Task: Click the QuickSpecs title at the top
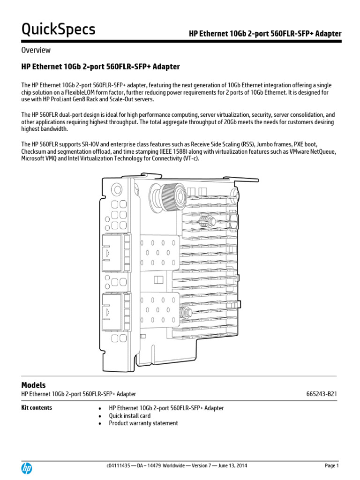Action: coord(58,30)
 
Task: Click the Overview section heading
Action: coord(36,50)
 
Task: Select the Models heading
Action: coord(34,385)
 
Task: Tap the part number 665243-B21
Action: coord(321,394)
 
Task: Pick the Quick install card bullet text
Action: coord(130,416)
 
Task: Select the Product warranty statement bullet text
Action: coord(143,423)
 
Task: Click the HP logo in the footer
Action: coord(27,468)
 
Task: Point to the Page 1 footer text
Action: coord(331,465)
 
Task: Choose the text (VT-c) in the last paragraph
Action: coord(190,159)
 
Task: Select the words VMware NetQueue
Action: coord(314,152)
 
